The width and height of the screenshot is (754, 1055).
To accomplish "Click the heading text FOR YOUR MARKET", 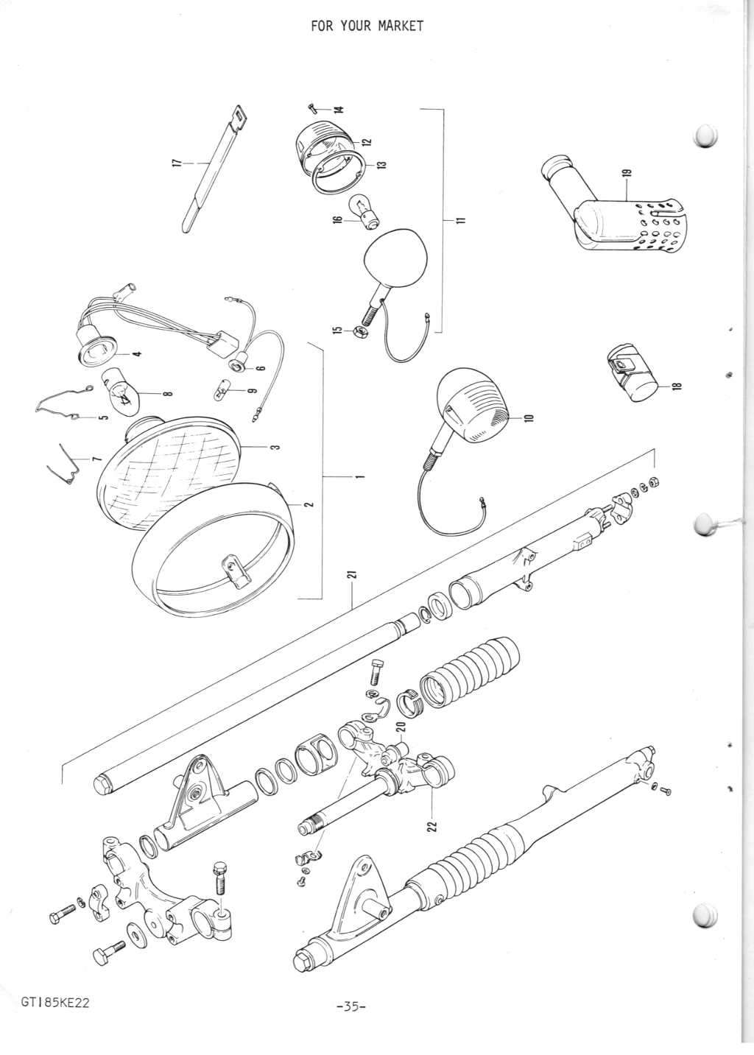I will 367,27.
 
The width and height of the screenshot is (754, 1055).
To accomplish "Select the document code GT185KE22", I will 55,1003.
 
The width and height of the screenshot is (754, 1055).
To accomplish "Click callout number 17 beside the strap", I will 175,162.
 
